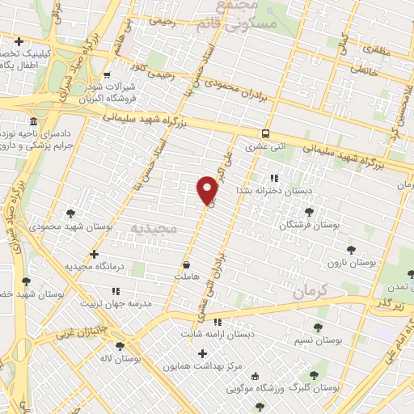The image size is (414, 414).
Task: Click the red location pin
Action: (x=208, y=189)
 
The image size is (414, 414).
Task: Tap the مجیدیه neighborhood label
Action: (x=153, y=229)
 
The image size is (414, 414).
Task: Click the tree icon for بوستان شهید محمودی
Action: (x=71, y=213)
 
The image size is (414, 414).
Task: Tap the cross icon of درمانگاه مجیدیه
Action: (x=95, y=254)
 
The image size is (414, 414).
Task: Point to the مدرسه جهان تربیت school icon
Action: (x=116, y=291)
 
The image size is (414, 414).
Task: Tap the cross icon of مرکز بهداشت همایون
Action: (x=202, y=353)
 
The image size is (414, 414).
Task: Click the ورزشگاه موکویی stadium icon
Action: (x=256, y=377)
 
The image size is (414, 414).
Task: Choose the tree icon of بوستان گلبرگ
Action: (x=314, y=374)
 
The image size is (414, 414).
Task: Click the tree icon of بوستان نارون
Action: (x=350, y=251)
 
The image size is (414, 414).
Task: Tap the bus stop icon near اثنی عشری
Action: (x=265, y=134)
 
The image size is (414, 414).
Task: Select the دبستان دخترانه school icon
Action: (x=274, y=178)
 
